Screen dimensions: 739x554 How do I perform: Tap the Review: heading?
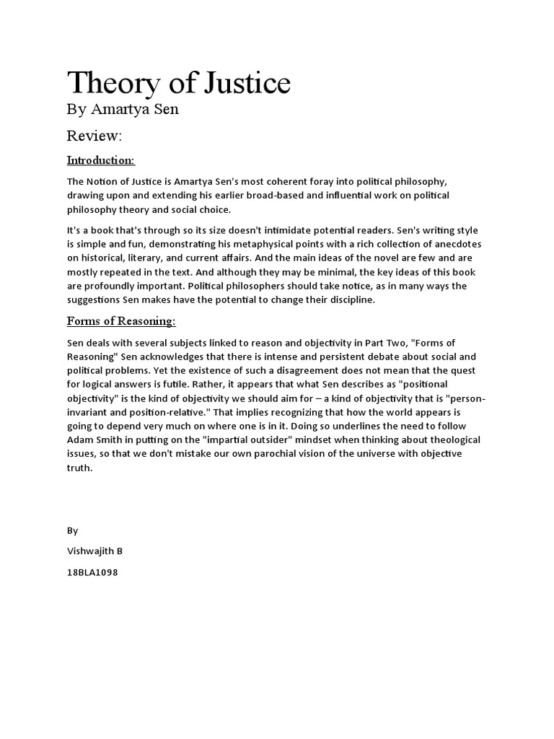click(x=94, y=136)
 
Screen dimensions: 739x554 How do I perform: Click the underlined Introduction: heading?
click(x=101, y=159)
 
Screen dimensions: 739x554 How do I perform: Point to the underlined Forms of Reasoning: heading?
click(x=121, y=320)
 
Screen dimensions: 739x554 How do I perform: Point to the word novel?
click(x=363, y=258)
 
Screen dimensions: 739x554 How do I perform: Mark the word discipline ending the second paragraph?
click(x=350, y=299)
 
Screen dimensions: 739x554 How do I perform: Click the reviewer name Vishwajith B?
click(x=94, y=551)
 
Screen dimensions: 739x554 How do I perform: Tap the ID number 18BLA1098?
click(x=92, y=572)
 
